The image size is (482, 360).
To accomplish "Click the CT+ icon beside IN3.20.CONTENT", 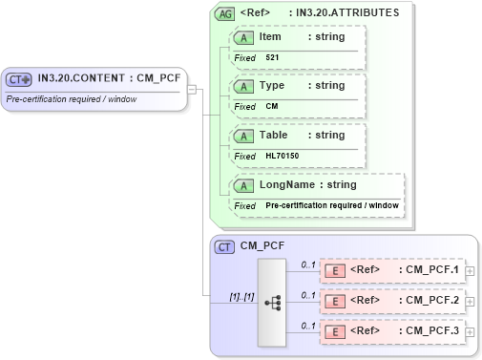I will click(19, 79).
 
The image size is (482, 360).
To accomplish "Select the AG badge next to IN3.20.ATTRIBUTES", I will click(225, 14).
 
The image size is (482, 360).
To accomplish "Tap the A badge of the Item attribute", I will click(244, 37).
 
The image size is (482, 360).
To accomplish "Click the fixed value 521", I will click(272, 57).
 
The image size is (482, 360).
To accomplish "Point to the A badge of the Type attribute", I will click(244, 86).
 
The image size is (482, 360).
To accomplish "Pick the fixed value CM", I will click(271, 106).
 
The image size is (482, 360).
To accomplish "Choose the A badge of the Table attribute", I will click(244, 136).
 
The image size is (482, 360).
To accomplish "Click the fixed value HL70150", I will click(282, 156).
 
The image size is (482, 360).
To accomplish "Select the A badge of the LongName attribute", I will click(244, 185).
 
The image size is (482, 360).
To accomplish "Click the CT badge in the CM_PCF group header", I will click(225, 247).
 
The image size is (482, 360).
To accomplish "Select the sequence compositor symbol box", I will click(272, 302).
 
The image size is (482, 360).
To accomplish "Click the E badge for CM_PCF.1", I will click(335, 270).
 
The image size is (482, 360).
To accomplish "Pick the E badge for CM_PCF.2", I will click(335, 301).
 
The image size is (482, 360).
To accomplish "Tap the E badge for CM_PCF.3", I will click(335, 332).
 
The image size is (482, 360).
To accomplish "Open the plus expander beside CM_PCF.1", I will click(470, 271).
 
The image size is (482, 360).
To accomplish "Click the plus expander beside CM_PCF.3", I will click(470, 332).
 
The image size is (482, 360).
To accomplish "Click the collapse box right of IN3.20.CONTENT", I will click(191, 89).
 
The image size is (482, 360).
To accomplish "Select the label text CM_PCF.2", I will click(432, 301).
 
